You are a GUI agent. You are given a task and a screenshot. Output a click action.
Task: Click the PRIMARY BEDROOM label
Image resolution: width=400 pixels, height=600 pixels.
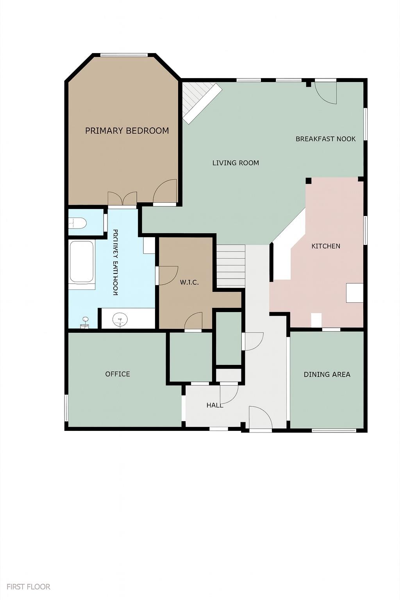(x=127, y=131)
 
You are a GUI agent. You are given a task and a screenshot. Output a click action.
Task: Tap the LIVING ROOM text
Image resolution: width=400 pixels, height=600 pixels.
(x=236, y=163)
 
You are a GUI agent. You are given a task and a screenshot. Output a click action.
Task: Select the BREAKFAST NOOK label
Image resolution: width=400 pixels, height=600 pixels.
(x=325, y=139)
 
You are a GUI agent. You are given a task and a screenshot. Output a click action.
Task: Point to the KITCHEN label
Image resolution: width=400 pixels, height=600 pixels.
(x=325, y=246)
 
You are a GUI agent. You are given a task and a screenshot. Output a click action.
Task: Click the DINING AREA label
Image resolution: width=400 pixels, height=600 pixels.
(x=327, y=375)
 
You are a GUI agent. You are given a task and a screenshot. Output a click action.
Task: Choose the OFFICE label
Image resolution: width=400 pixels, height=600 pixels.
(x=118, y=374)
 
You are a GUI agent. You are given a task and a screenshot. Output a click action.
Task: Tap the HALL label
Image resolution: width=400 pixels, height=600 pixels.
(x=215, y=405)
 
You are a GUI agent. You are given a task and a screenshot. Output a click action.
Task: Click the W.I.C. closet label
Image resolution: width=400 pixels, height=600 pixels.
(x=189, y=282)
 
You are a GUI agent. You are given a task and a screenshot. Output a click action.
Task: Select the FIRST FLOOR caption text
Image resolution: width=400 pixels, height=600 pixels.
(x=29, y=587)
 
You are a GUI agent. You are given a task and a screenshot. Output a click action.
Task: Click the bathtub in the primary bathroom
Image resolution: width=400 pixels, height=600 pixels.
(x=82, y=262)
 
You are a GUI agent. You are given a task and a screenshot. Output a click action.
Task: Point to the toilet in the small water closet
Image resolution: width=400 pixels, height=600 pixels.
(x=78, y=223)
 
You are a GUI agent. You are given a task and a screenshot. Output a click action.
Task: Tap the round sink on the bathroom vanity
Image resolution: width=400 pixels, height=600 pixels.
(x=120, y=320)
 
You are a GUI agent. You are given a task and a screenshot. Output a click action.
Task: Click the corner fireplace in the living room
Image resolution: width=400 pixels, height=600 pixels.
(x=200, y=102)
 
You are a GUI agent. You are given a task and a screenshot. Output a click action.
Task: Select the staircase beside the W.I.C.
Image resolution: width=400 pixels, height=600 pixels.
(x=230, y=266)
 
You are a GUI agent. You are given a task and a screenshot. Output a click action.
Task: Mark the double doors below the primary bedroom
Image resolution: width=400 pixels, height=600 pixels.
(x=122, y=199)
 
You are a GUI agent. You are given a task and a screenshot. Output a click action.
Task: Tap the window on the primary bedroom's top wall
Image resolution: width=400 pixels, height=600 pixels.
(x=124, y=55)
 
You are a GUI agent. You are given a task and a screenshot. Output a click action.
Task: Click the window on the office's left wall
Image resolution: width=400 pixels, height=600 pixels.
(x=66, y=408)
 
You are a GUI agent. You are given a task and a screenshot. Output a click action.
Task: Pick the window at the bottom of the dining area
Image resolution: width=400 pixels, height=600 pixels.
(x=334, y=430)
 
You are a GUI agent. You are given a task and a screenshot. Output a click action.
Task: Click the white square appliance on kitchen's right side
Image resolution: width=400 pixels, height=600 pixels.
(x=354, y=293)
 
